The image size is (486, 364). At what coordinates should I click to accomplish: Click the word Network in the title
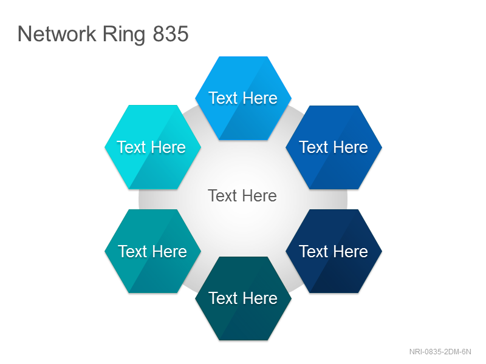tap(56, 34)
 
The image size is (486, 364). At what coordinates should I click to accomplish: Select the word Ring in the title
tap(124, 35)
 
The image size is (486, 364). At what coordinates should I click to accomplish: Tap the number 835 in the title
tap(171, 34)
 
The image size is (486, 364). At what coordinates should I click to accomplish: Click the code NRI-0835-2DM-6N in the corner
tap(440, 352)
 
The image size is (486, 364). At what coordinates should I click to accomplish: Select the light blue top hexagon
tap(244, 98)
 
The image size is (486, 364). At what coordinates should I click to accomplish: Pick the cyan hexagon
tap(153, 147)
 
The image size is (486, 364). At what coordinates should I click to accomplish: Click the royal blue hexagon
tap(334, 147)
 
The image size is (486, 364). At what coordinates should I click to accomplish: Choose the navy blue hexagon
tap(334, 251)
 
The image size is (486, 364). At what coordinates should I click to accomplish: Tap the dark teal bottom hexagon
tap(244, 298)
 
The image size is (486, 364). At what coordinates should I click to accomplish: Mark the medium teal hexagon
tap(153, 251)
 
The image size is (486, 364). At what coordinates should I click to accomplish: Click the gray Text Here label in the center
tap(242, 195)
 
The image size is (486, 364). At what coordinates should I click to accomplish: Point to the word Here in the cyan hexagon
tap(168, 147)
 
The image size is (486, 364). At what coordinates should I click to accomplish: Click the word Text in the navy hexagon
tap(313, 251)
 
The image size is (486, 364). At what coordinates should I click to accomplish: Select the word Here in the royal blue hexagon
tap(351, 147)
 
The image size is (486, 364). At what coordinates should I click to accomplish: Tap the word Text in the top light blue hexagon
tap(223, 98)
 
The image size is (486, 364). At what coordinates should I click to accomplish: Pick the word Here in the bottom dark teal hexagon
tap(260, 298)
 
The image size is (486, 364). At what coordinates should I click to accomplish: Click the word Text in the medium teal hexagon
tap(132, 251)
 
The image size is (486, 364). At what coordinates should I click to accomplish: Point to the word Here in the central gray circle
tap(259, 195)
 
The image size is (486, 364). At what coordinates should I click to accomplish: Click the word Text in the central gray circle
tap(222, 195)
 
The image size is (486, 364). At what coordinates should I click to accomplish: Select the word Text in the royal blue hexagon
tap(313, 147)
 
